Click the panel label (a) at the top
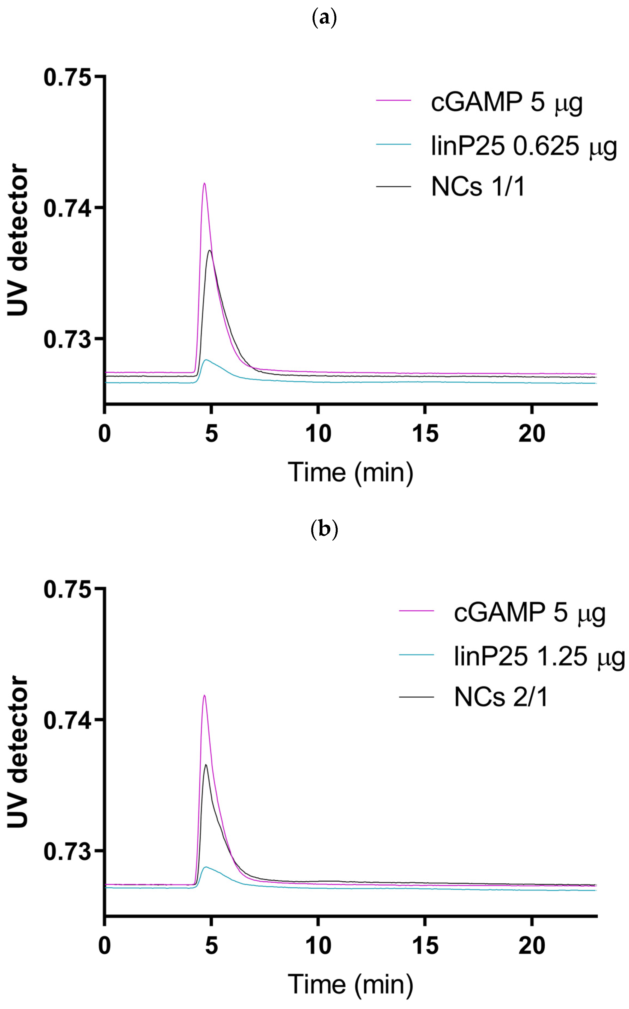(324, 18)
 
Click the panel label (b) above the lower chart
(324, 530)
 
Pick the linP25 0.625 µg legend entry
(523, 146)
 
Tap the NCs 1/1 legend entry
(478, 187)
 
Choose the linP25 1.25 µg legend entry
(539, 656)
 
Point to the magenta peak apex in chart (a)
(204, 184)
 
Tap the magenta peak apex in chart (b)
(204, 695)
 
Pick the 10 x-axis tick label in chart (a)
(318, 434)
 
